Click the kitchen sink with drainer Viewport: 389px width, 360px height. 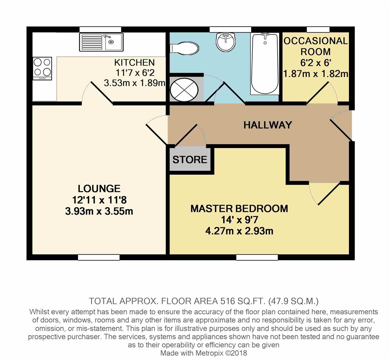pos(101,42)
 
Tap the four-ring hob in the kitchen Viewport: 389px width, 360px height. pos(42,68)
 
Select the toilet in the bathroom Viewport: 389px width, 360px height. pos(184,48)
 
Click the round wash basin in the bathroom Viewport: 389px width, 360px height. pos(226,42)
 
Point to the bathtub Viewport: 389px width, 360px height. pos(265,64)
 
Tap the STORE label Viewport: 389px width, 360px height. pos(190,159)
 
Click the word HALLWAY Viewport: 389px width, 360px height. pos(268,125)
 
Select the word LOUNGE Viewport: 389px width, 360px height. pos(99,189)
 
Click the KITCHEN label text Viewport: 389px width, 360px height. pos(134,62)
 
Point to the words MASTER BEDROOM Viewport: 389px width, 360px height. pos(239,209)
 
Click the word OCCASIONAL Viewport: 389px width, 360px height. pos(316,41)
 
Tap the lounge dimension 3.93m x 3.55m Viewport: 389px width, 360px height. pos(99,211)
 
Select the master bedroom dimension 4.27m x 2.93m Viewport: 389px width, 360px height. pos(239,231)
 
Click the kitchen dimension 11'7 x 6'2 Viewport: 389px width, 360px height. pos(135,73)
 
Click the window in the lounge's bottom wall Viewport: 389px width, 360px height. pos(99,257)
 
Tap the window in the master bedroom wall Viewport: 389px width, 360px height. pos(257,257)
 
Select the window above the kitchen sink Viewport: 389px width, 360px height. pos(100,30)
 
